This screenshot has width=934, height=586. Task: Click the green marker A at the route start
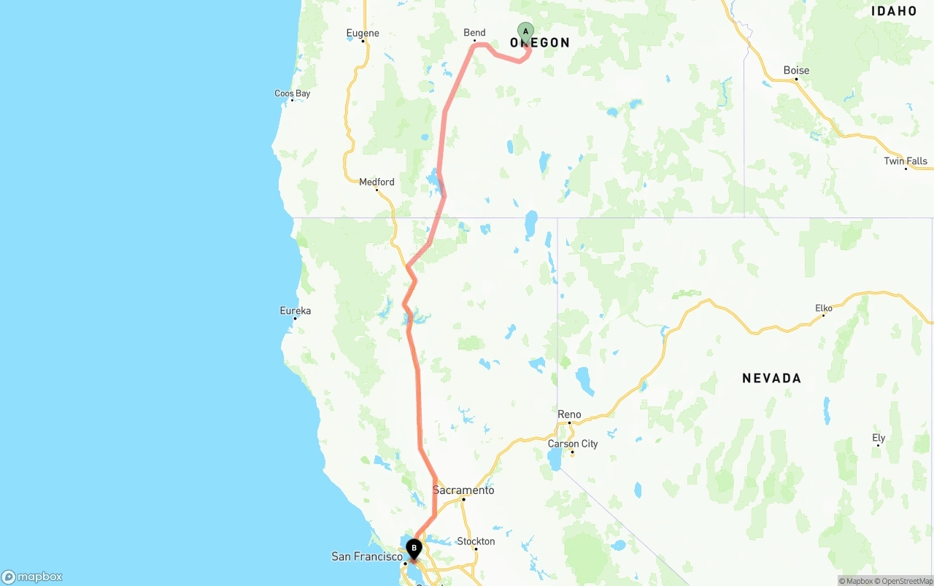(525, 31)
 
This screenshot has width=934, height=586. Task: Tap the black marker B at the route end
(414, 548)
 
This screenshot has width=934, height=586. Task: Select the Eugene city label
(363, 33)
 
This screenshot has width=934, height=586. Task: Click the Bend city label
(474, 32)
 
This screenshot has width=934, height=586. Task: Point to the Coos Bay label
(292, 93)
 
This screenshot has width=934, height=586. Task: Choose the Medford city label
(377, 182)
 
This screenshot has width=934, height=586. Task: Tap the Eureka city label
(295, 310)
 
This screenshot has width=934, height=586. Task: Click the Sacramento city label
(463, 490)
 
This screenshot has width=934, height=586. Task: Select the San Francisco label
(366, 556)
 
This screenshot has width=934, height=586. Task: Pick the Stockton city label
(476, 541)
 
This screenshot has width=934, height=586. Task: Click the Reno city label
(569, 414)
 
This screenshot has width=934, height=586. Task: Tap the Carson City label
(573, 444)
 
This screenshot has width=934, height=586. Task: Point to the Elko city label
(824, 308)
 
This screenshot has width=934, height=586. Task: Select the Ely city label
(879, 438)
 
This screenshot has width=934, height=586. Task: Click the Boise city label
(796, 70)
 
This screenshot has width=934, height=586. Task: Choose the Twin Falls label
(906, 161)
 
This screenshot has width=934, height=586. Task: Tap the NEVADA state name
(771, 378)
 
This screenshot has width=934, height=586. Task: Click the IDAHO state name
(894, 11)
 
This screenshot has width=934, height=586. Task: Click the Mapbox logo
(32, 577)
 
